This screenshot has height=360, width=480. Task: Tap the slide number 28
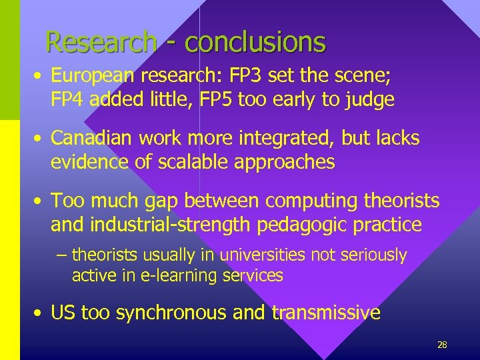(441, 345)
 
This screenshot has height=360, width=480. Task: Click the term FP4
(67, 100)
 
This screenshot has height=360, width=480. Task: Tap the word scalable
(187, 161)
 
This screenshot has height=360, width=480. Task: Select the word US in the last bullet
(63, 313)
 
